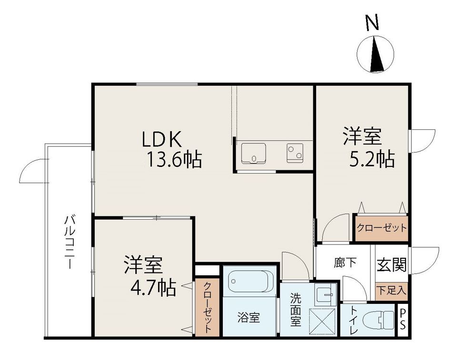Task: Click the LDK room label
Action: click(x=162, y=139)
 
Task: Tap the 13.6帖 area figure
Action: click(x=174, y=160)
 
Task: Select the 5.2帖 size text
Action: click(x=372, y=159)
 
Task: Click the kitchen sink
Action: click(x=253, y=154)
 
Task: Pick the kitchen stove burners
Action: click(x=295, y=153)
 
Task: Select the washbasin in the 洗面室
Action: click(x=325, y=294)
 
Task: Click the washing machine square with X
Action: click(x=322, y=321)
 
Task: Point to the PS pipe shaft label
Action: click(x=402, y=319)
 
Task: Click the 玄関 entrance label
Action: click(x=391, y=265)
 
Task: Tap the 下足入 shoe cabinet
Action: click(x=391, y=291)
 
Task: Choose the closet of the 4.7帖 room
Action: click(x=207, y=308)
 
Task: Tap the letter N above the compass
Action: click(x=372, y=22)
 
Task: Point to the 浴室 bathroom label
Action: click(x=248, y=318)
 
